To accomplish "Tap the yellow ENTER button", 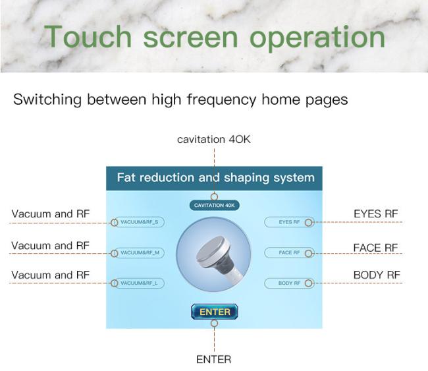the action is click(214, 312).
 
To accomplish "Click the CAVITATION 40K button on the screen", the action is click(214, 206).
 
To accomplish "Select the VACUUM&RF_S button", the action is click(139, 222).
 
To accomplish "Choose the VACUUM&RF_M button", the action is click(139, 252).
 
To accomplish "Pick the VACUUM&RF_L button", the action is click(139, 283).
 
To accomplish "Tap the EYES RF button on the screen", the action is click(289, 222).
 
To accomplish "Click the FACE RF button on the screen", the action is click(289, 252).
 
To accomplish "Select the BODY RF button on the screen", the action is click(289, 283).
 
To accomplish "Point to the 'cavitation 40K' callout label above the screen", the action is click(214, 139).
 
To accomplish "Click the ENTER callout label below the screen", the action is click(214, 359).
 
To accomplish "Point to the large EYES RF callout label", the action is click(376, 214).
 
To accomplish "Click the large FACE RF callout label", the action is click(375, 248).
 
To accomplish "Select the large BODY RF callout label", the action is click(377, 275).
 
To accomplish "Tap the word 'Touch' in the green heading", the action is click(88, 37).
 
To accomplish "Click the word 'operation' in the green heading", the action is click(317, 38).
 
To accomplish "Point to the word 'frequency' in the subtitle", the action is click(221, 100).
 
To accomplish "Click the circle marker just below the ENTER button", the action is click(214, 323).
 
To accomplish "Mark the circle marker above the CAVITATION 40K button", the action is click(214, 196).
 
